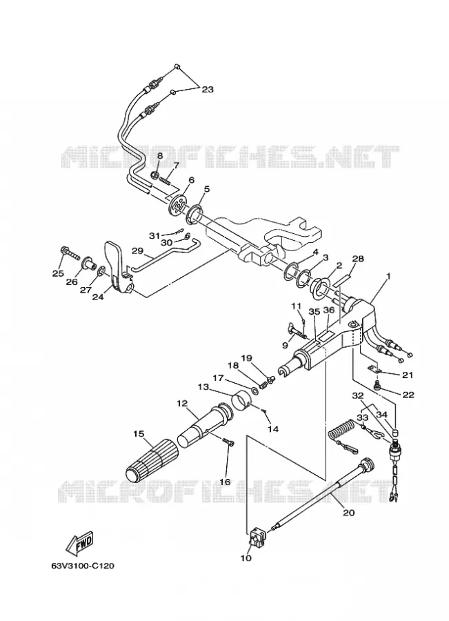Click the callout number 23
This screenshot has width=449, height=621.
coord(207,90)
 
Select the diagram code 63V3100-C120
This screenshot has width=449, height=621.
coord(82,566)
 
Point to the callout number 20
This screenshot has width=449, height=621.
coord(348,513)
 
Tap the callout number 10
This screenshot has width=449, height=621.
coord(246,558)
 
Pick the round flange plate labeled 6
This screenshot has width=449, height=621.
coord(179,206)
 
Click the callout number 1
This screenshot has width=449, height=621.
coord(388,277)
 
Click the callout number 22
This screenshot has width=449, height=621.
coord(408,395)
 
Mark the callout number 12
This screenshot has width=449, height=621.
coord(182,403)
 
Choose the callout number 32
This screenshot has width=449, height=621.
coord(357,395)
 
